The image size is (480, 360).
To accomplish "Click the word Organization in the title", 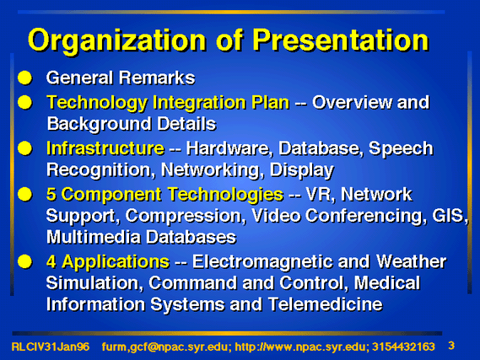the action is pos(116,41).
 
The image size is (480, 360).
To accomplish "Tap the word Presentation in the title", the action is pos(341,40).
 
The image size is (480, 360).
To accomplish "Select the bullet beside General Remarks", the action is pos(24,78).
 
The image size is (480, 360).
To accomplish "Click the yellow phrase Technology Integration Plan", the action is pos(168,103).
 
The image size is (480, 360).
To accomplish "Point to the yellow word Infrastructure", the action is pos(105,148).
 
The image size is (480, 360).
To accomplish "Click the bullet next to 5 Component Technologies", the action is pos(24,194).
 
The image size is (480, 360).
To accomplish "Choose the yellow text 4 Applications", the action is pos(108,263).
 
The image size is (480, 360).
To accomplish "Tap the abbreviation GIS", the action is pos(450,215).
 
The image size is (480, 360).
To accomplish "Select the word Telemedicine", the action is pos(326,304).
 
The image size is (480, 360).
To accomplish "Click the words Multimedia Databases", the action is pos(142,237).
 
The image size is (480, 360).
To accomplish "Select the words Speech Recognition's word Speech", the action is pos(401,149).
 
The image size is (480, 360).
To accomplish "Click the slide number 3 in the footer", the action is pos(451,346).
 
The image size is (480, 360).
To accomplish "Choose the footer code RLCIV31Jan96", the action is pos(51,347).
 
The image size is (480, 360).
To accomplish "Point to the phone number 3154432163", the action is pos(403,347).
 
